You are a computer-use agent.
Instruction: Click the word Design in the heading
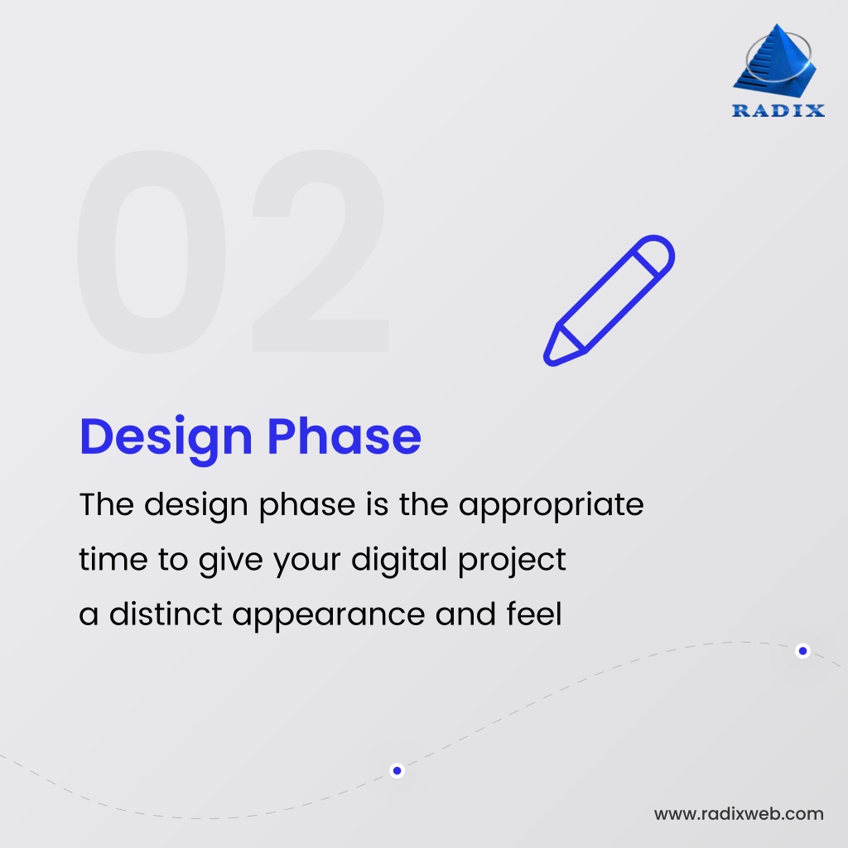click(166, 439)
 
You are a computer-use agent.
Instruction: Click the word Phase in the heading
click(344, 436)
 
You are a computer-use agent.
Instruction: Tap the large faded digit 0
click(152, 252)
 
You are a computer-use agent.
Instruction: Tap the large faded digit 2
click(320, 252)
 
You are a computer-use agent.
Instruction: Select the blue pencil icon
click(609, 301)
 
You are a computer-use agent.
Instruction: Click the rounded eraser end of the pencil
click(657, 253)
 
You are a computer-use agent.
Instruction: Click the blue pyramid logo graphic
click(775, 60)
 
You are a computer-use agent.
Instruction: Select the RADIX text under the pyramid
click(778, 110)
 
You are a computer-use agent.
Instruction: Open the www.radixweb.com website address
click(739, 814)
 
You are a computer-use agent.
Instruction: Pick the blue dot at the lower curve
click(397, 771)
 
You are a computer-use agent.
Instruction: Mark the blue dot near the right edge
click(803, 651)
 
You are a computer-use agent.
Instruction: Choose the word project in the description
click(512, 561)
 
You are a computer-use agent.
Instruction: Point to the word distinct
click(166, 614)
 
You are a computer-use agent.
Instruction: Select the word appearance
click(329, 616)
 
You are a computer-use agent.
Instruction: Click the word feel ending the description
click(534, 614)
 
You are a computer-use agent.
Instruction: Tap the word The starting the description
click(107, 504)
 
